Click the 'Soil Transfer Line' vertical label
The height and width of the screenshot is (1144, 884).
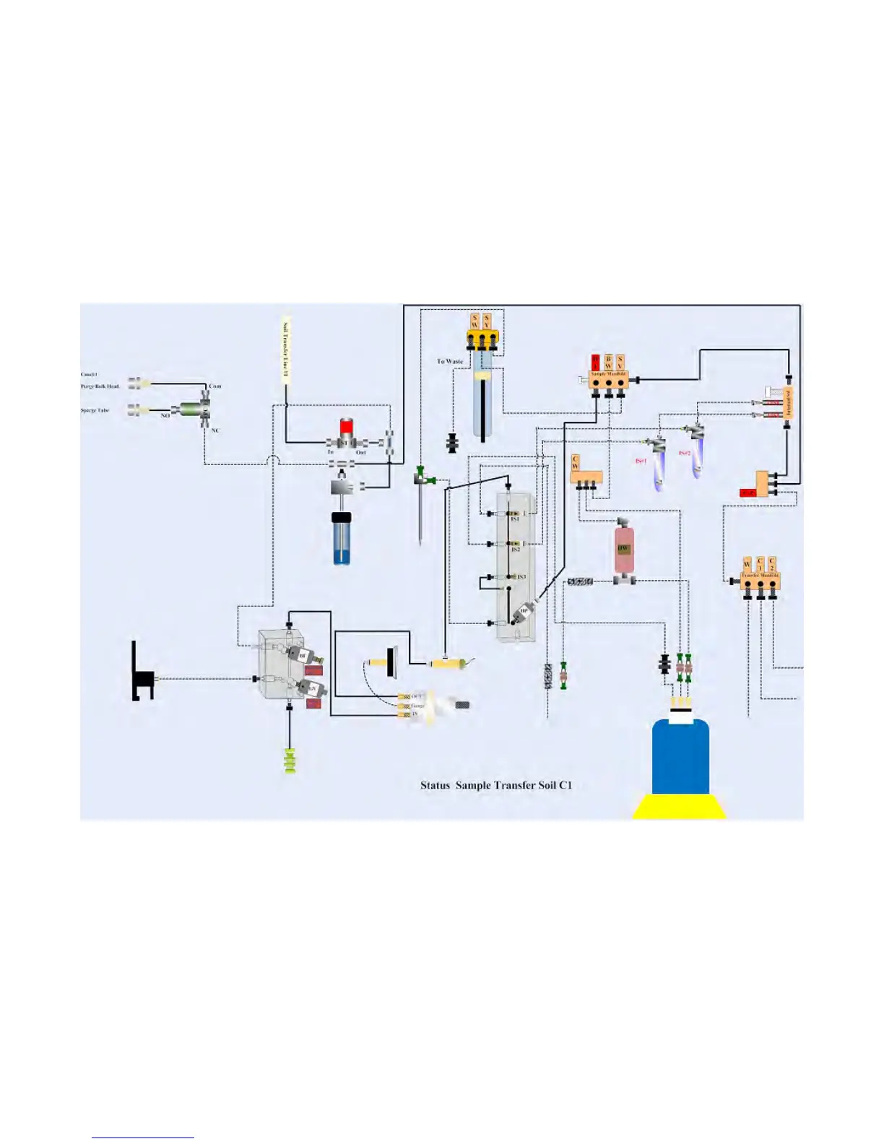pos(286,347)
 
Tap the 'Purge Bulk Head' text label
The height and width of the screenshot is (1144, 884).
pos(100,386)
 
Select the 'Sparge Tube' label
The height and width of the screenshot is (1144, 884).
pos(95,410)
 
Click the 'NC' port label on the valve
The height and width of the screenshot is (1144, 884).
pos(214,430)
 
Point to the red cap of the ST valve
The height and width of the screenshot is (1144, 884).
pos(347,426)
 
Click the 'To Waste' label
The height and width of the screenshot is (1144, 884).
pos(449,361)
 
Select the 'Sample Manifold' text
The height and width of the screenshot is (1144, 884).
pos(608,374)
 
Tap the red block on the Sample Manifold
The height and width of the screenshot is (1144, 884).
pos(595,362)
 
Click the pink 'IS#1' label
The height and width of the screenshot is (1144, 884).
pos(641,461)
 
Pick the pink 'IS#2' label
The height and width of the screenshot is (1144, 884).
pos(684,453)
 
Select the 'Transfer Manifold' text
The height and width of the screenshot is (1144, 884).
pos(760,576)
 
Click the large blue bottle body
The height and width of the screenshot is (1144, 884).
pos(680,758)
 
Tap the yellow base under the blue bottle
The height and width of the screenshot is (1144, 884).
pos(680,807)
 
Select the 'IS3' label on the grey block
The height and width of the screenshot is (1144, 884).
pos(521,577)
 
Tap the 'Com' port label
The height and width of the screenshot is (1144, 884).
pos(214,386)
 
